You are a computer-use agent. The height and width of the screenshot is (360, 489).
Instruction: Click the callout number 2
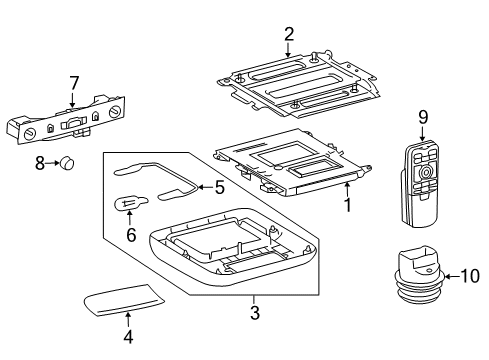pos(289,34)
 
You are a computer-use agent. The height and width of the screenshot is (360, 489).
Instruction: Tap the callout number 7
pos(74,83)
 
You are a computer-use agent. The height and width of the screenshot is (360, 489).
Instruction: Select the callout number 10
pos(470,276)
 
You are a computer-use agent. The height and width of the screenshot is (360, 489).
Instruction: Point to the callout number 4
pos(128,337)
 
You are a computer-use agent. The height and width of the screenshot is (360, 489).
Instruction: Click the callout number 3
pos(255,313)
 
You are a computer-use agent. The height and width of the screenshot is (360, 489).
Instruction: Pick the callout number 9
pos(423,117)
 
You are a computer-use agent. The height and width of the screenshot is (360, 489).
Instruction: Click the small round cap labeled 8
pos(67,163)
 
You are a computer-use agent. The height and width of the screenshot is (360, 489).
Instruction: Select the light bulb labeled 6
pos(131,203)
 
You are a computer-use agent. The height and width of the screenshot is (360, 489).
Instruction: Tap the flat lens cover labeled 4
pos(123,299)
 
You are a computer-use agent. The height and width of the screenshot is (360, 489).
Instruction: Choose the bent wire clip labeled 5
pos(156,181)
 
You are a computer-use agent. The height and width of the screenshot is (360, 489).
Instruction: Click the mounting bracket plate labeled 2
pos(298,85)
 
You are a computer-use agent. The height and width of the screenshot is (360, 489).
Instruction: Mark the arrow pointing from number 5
pos(206,187)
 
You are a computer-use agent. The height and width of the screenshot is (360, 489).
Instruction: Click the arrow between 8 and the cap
pos(53,163)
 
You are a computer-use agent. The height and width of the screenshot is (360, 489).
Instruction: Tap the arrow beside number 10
pos(452,276)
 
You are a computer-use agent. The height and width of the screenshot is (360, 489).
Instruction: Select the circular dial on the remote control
pos(425,173)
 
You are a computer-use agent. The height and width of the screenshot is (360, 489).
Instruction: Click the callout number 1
pos(348,205)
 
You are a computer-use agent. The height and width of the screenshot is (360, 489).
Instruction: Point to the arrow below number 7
pos(73,99)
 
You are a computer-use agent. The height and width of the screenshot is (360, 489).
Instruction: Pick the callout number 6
pos(131,235)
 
